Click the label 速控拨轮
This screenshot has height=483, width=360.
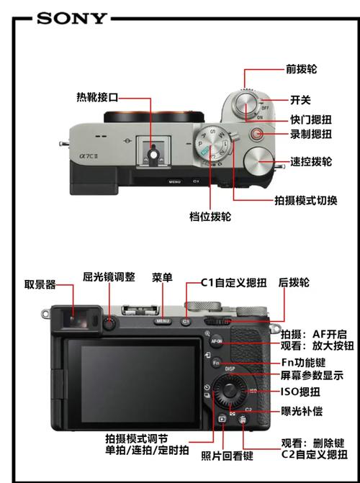(x=310, y=162)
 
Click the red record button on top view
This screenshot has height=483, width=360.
(x=257, y=133)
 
